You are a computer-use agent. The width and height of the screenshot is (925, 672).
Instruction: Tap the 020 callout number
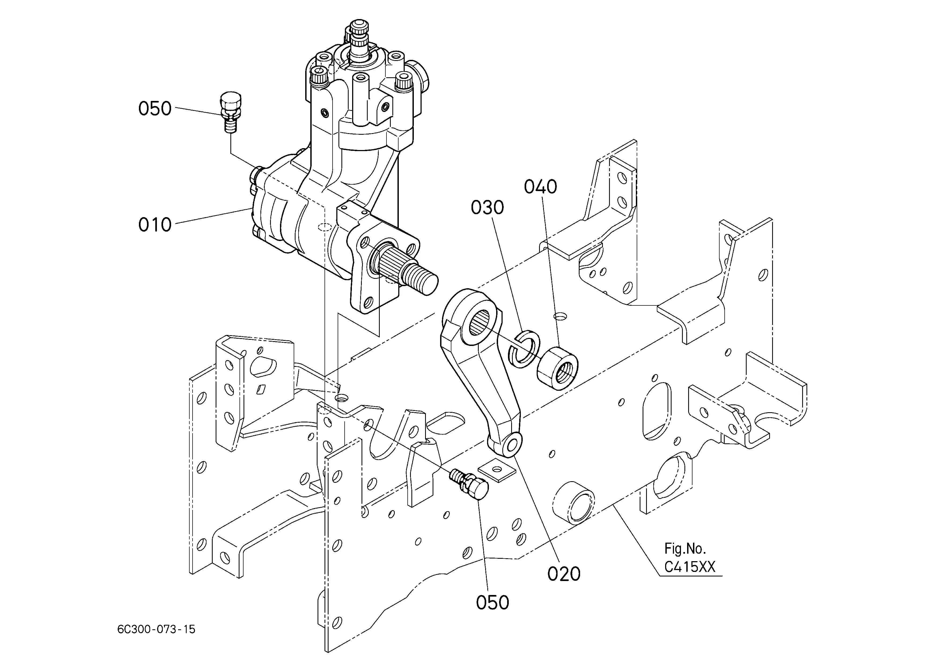pos(564,574)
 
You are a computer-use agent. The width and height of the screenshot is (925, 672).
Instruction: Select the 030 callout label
pos(487,208)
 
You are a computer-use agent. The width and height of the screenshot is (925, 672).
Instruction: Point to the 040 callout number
pos(540,187)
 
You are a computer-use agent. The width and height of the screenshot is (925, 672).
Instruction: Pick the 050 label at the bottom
pos(493,603)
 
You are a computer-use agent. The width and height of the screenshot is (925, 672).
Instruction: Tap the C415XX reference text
pos(690,567)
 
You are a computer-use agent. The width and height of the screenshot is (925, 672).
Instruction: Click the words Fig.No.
pos(685,548)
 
